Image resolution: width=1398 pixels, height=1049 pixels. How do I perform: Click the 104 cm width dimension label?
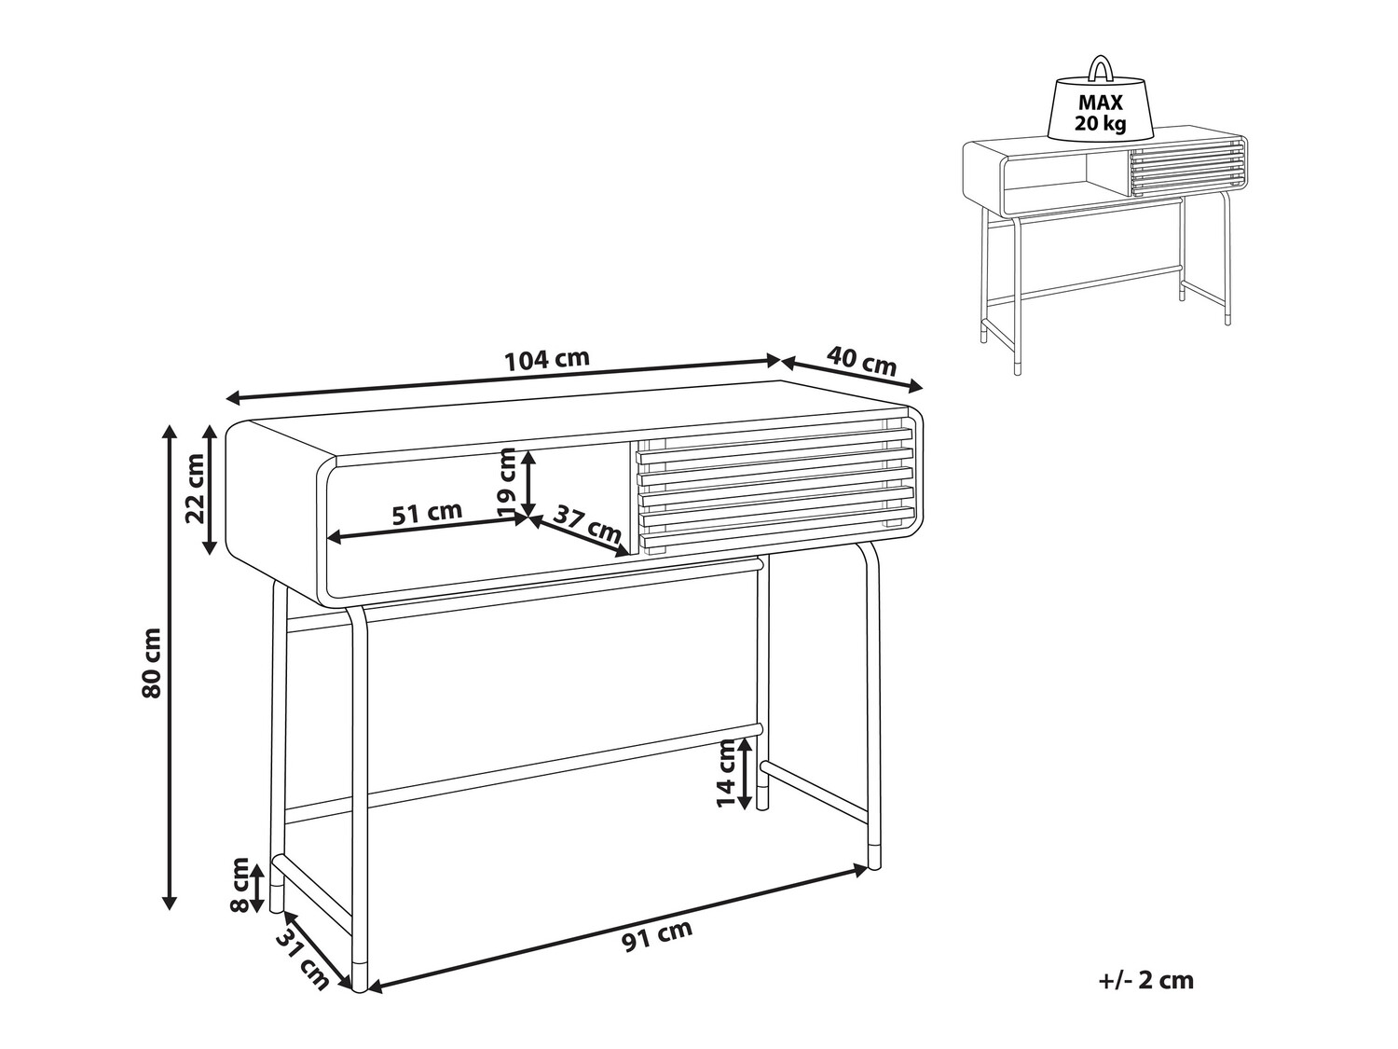point(547,359)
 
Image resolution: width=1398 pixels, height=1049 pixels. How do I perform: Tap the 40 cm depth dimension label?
point(862,361)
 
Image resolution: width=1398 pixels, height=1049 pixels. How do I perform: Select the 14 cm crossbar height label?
point(726,773)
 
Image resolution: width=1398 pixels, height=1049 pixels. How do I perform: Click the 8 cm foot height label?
point(240,885)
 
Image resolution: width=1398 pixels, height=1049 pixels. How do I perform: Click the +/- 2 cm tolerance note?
point(1145,980)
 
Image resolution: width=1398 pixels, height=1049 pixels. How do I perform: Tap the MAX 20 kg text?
point(1100,112)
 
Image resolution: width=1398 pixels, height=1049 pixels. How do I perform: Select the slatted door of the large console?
point(774,488)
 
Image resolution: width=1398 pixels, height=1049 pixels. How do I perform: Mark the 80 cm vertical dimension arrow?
point(169,666)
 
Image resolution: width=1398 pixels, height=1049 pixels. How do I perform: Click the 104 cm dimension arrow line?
point(503,380)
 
